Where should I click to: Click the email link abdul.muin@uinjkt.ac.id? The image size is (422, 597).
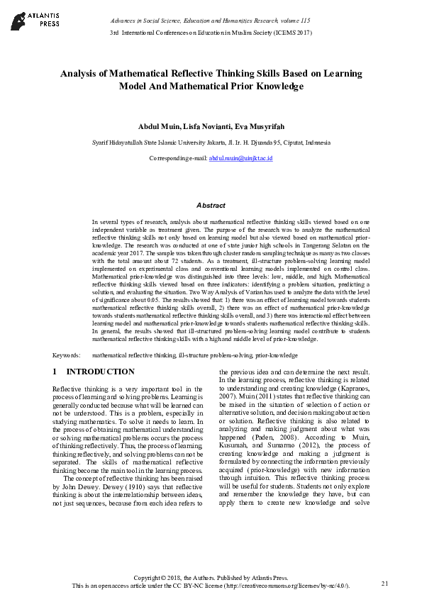(x=240, y=160)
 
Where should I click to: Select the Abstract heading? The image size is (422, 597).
(x=211, y=205)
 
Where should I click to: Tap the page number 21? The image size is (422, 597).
(x=385, y=583)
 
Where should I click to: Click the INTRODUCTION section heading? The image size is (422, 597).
(x=100, y=372)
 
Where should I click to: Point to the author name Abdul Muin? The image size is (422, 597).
(x=157, y=126)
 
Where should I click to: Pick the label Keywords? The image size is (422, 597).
(x=66, y=354)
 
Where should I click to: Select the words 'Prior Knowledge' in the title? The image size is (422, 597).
(x=265, y=86)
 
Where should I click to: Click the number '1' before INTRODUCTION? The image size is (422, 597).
(x=55, y=372)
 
